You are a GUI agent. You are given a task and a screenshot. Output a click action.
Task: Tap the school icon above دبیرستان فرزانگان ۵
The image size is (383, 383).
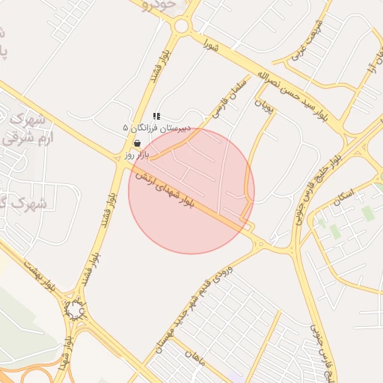156,116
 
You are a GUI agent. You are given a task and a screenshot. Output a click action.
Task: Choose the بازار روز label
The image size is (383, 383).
137,154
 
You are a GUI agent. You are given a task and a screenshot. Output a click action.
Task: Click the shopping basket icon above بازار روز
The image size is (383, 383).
136,143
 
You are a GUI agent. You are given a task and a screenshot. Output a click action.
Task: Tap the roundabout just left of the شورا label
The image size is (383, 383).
181,27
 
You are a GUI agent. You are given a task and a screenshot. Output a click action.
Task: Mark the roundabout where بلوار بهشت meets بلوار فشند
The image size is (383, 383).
75,309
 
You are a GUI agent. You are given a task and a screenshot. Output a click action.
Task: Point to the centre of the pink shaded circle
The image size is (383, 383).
191,191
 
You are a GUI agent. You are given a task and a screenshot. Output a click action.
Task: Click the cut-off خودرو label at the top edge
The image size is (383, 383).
161,4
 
